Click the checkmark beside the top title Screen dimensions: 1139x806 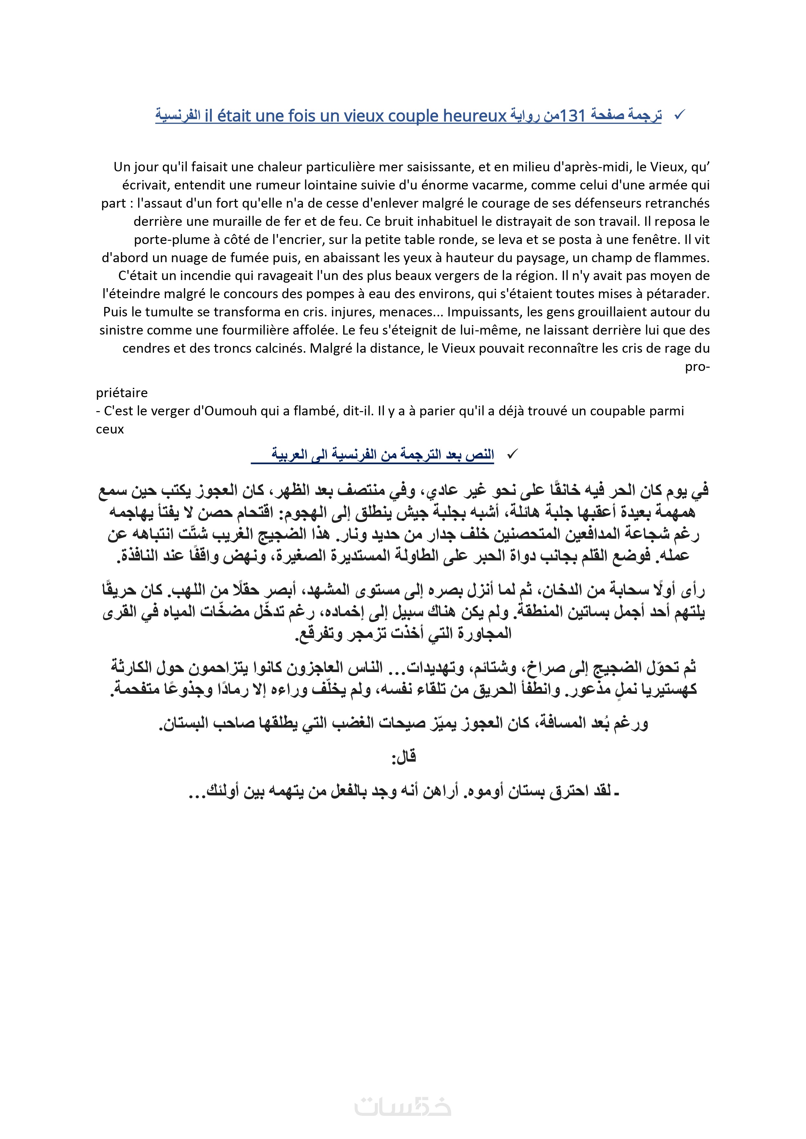click(679, 115)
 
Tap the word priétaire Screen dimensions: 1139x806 click(121, 393)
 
